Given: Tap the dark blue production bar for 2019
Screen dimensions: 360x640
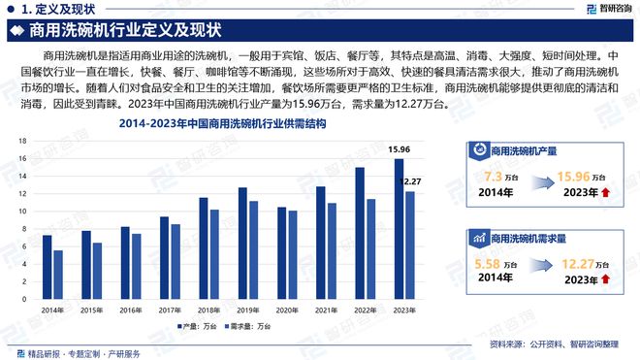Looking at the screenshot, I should click(242, 234).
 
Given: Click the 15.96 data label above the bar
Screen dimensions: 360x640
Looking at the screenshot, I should click(398, 150).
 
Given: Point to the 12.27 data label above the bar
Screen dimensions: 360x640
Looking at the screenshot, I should click(412, 181).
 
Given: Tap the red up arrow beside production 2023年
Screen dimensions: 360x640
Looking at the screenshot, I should click(605, 192).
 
